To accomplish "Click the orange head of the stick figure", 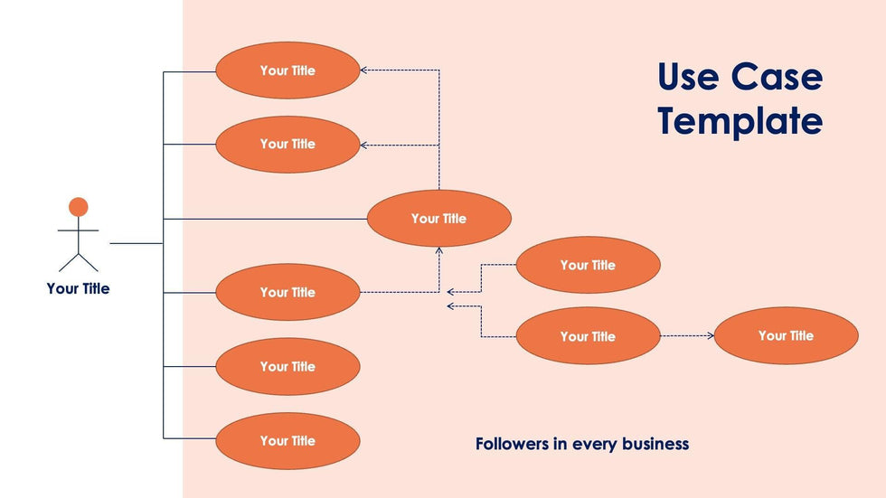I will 79,207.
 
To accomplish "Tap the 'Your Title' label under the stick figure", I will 78,289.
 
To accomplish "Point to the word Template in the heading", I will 740,121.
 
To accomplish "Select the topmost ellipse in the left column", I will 287,70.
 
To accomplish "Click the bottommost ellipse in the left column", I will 287,441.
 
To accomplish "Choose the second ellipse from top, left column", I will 287,145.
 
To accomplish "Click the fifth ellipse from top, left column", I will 287,367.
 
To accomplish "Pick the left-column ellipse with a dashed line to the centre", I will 287,293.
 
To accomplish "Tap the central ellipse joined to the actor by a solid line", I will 438,219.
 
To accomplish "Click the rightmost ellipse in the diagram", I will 786,336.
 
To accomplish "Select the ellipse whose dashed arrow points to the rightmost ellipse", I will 588,336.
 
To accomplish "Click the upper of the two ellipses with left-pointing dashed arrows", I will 588,266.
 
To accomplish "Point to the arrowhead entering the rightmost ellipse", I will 712,336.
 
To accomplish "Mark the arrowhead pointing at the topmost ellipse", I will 363,70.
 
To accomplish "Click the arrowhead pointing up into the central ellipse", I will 439,250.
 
